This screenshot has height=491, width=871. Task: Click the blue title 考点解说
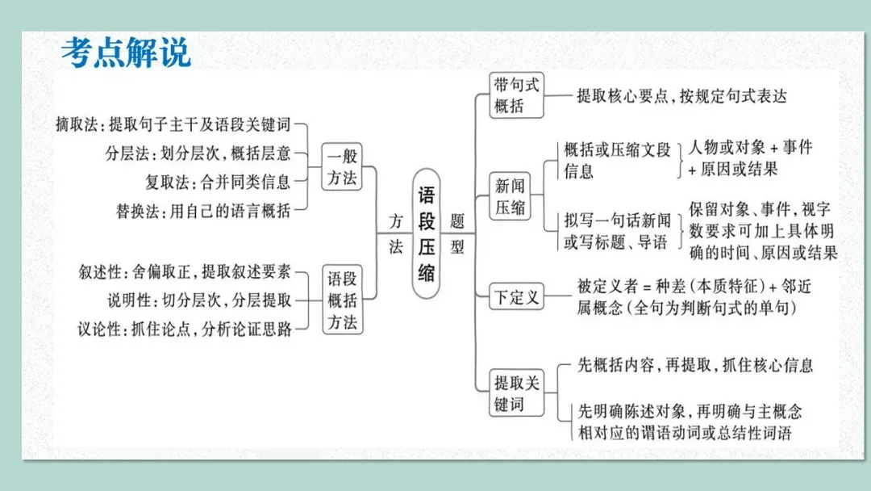pyautogui.click(x=126, y=52)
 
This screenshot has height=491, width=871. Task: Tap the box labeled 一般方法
pyautogui.click(x=342, y=166)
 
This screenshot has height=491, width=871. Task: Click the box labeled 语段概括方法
pyautogui.click(x=342, y=300)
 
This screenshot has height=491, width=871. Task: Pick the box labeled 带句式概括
pyautogui.click(x=517, y=94)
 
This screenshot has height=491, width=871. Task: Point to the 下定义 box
pyautogui.click(x=516, y=296)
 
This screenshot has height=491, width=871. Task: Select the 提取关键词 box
pyautogui.click(x=516, y=392)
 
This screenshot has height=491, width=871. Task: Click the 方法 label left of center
pyautogui.click(x=395, y=233)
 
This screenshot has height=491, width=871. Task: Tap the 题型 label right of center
pyautogui.click(x=457, y=233)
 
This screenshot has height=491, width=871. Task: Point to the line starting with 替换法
pyautogui.click(x=203, y=211)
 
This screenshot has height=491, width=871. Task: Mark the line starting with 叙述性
pyautogui.click(x=185, y=271)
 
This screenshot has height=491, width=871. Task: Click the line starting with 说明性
pyautogui.click(x=200, y=300)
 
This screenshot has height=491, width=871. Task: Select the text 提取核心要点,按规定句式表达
pyautogui.click(x=681, y=96)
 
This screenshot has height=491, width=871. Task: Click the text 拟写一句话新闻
pyautogui.click(x=618, y=220)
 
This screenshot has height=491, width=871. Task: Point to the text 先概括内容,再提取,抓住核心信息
pyautogui.click(x=695, y=365)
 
